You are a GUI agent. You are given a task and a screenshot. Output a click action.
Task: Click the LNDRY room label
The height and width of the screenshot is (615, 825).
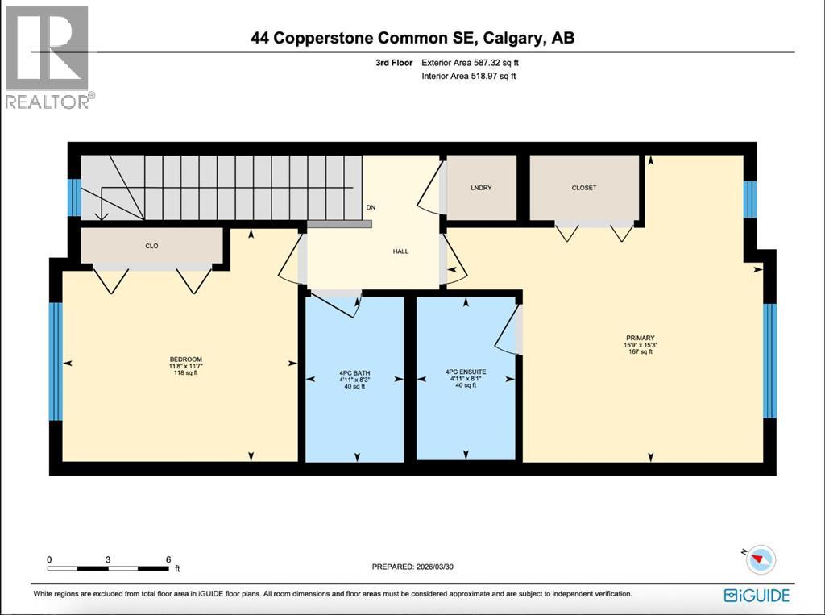[x=481, y=188]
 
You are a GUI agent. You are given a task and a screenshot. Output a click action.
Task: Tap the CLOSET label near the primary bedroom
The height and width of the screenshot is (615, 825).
[x=584, y=188]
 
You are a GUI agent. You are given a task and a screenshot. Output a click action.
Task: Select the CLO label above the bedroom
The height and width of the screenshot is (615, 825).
[x=151, y=246]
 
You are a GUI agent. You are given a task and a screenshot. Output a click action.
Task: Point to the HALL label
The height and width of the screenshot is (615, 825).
[x=400, y=251]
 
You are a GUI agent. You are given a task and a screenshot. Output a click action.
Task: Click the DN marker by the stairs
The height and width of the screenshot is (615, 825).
[x=371, y=207]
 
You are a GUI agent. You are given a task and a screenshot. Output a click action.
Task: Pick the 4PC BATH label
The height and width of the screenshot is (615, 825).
[x=354, y=373]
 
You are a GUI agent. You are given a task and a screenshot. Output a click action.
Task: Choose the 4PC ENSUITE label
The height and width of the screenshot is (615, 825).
[x=466, y=373]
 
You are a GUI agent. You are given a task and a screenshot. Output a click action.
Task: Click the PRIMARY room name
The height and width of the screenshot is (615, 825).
[x=641, y=338]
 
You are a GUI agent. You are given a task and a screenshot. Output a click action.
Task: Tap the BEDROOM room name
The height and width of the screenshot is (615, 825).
[x=185, y=359]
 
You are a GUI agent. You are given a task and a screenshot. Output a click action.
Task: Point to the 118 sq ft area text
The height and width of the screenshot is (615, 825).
[x=185, y=372]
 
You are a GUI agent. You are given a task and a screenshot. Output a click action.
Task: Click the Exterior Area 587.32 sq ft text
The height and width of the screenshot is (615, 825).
[x=476, y=62]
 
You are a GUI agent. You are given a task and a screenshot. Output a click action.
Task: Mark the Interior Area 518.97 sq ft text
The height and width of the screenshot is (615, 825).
[x=468, y=76]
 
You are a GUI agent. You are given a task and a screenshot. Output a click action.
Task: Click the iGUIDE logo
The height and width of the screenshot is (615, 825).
[x=757, y=596]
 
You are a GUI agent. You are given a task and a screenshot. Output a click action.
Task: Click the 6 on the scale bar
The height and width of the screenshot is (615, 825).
[x=168, y=559]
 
